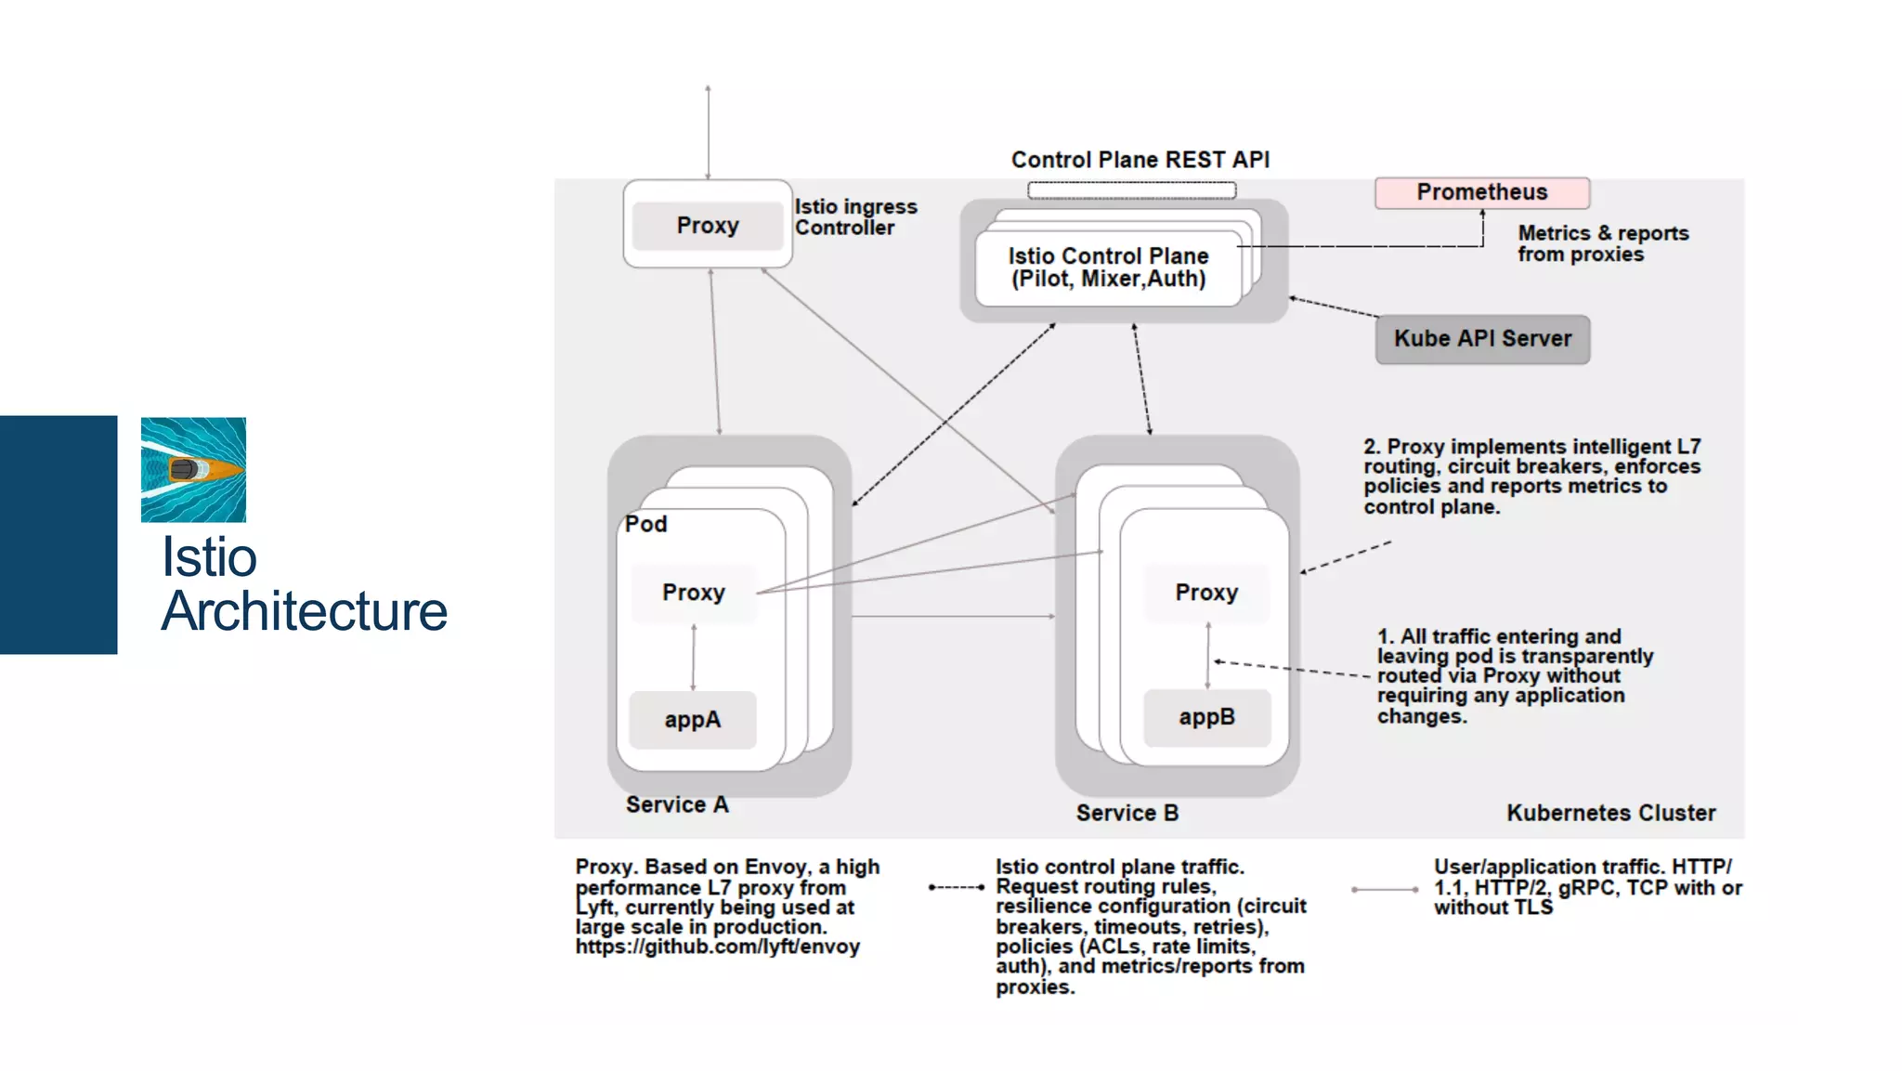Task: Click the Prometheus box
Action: click(x=1481, y=192)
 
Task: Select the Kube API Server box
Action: click(x=1482, y=339)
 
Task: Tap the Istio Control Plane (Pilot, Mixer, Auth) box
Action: click(x=1108, y=268)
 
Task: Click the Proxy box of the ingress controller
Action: click(x=708, y=226)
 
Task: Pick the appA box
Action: click(x=692, y=720)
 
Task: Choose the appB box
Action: click(x=1206, y=717)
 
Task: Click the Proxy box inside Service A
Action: click(x=693, y=593)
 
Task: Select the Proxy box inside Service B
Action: click(x=1206, y=593)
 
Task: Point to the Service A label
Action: click(x=677, y=805)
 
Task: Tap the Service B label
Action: click(x=1127, y=814)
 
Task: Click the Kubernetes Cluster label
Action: click(x=1610, y=814)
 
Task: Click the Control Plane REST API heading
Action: click(x=1140, y=160)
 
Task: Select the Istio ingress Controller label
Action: click(x=854, y=217)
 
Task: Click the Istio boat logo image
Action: click(x=193, y=469)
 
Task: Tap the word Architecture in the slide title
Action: click(x=304, y=611)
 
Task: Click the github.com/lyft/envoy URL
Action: click(x=717, y=947)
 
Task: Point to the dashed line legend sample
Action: click(x=957, y=887)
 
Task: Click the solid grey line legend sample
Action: click(x=1384, y=890)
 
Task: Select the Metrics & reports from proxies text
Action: click(x=1602, y=243)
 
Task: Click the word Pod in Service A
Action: click(x=645, y=524)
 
